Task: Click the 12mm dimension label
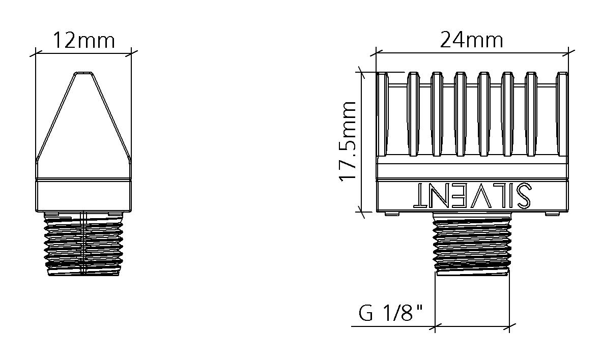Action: [83, 41]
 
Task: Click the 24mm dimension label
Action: [471, 40]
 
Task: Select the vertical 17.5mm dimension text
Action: [348, 141]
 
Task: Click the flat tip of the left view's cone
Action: [84, 73]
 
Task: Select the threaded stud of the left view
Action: [84, 244]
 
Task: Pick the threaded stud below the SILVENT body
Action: [472, 244]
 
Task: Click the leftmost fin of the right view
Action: [383, 114]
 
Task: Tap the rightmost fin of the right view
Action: [562, 114]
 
